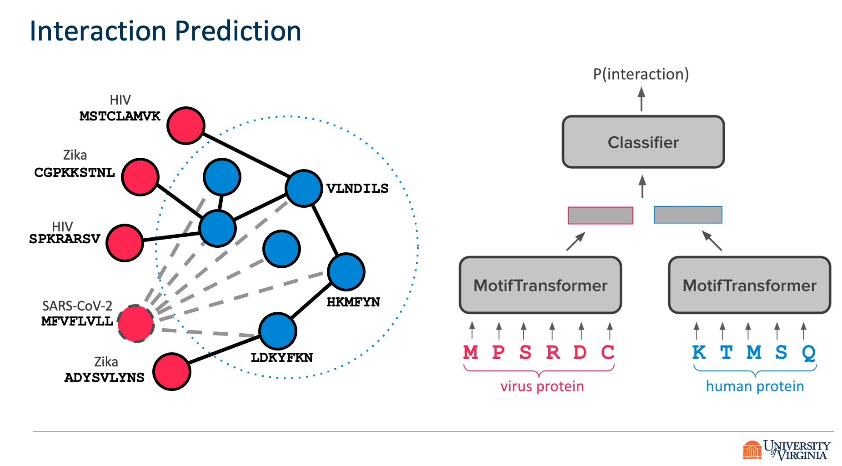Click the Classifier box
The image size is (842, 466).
643,142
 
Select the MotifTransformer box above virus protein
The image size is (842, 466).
540,286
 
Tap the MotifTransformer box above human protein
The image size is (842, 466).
749,286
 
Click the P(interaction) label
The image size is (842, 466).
641,74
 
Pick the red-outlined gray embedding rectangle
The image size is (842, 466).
600,215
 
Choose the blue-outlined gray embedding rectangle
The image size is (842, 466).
687,215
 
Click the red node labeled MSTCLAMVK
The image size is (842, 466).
185,125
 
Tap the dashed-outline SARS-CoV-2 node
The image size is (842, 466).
135,324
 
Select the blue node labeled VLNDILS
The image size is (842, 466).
304,188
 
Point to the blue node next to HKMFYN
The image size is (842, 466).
346,272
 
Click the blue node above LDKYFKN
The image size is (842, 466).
278,331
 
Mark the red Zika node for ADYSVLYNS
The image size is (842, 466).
172,371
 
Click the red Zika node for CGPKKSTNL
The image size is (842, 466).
140,177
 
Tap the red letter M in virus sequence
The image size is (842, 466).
471,352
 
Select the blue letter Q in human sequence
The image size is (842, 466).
808,352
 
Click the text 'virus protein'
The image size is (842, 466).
542,386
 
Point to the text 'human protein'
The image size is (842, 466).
755,386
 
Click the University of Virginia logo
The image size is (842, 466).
787,450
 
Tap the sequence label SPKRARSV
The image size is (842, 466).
65,239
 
